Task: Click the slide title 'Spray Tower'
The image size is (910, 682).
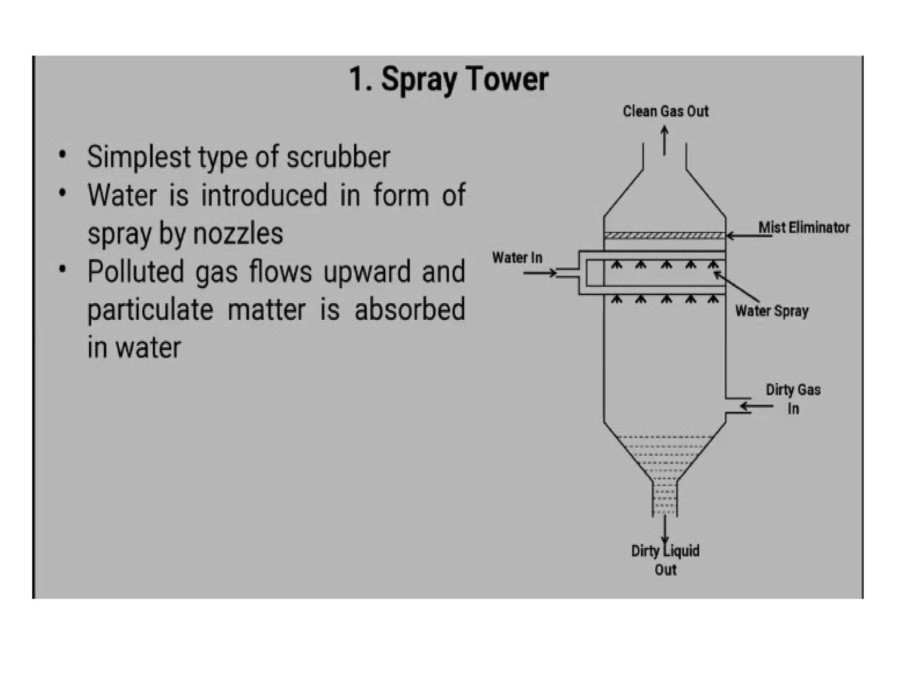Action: pos(449,79)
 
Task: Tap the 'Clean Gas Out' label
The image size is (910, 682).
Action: pos(665,111)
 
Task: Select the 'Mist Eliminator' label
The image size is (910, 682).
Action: pos(803,228)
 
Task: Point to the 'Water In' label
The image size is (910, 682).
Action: pos(517,258)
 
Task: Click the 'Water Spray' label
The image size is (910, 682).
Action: pos(772,311)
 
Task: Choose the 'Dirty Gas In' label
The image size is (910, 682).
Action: pos(793,399)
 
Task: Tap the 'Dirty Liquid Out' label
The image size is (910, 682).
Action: pos(665,560)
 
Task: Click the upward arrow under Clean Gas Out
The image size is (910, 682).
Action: pos(665,140)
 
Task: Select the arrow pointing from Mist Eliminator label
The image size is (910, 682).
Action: pos(749,236)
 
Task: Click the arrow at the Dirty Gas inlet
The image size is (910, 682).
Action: pos(756,406)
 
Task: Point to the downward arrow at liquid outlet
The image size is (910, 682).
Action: pos(665,528)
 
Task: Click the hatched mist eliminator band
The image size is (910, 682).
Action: pos(665,236)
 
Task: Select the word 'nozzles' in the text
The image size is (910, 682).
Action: pos(238,234)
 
